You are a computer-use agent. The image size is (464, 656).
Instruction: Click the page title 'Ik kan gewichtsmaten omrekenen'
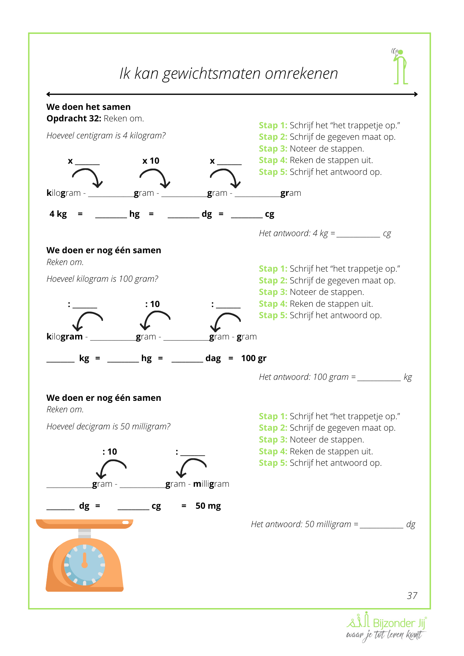tap(229, 73)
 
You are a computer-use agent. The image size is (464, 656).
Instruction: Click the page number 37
tap(412, 596)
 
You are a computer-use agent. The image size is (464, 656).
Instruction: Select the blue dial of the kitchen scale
tap(84, 565)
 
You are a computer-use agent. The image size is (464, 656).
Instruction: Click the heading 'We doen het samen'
tap(89, 107)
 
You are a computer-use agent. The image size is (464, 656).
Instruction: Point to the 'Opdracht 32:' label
tap(74, 118)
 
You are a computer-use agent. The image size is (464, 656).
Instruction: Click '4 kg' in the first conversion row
tap(58, 214)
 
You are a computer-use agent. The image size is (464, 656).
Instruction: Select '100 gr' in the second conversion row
tap(254, 358)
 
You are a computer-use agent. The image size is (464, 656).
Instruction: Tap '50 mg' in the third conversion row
tap(208, 506)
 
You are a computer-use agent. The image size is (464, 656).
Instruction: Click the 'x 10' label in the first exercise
tap(151, 161)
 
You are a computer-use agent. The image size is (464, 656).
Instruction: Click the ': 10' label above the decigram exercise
tap(110, 452)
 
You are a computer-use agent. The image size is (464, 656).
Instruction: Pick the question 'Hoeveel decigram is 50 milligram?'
tap(108, 426)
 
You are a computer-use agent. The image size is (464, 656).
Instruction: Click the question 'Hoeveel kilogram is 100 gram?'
tap(102, 279)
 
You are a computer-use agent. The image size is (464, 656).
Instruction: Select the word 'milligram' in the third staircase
tap(211, 484)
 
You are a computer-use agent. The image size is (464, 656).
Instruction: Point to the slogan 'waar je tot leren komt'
tap(384, 635)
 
